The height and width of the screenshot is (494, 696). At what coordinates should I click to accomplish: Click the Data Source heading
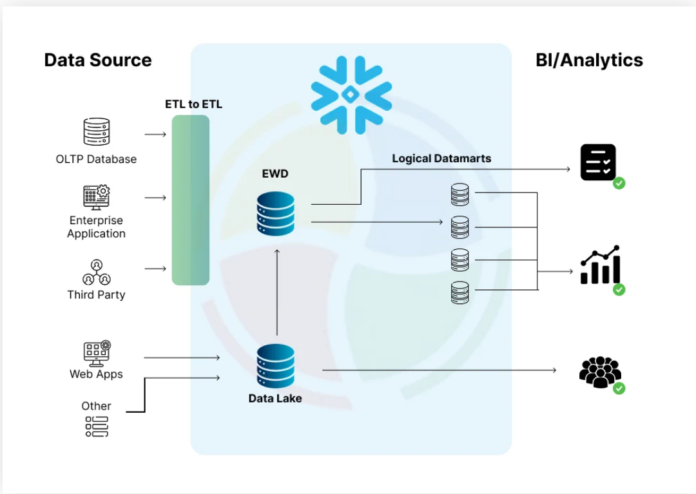click(98, 60)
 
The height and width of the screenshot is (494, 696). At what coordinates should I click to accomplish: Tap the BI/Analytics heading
click(589, 60)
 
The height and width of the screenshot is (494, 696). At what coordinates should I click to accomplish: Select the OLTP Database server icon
click(97, 132)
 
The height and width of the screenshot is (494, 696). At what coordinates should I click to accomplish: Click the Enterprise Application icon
click(97, 197)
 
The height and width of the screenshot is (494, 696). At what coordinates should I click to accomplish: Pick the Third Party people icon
click(97, 272)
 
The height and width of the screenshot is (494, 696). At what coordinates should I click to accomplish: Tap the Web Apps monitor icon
click(97, 354)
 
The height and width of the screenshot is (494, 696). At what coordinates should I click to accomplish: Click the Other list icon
click(97, 426)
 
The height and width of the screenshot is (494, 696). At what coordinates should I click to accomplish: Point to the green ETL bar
click(190, 200)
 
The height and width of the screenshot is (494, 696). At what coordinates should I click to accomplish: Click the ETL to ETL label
click(193, 104)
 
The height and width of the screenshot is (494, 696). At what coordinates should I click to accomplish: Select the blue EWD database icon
click(275, 213)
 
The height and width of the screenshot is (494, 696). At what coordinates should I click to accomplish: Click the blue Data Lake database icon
click(275, 365)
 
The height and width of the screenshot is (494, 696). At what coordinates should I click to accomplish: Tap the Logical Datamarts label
click(441, 158)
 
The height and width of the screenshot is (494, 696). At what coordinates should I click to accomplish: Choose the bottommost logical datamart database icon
click(459, 292)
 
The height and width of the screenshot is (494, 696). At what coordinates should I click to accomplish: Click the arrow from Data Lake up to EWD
click(276, 293)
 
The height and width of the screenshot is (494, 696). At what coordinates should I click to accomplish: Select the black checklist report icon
click(598, 162)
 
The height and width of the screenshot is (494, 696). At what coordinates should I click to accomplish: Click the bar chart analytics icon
click(600, 265)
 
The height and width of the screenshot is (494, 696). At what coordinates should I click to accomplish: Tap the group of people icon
click(599, 372)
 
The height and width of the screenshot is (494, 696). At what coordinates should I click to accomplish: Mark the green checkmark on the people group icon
click(619, 388)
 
